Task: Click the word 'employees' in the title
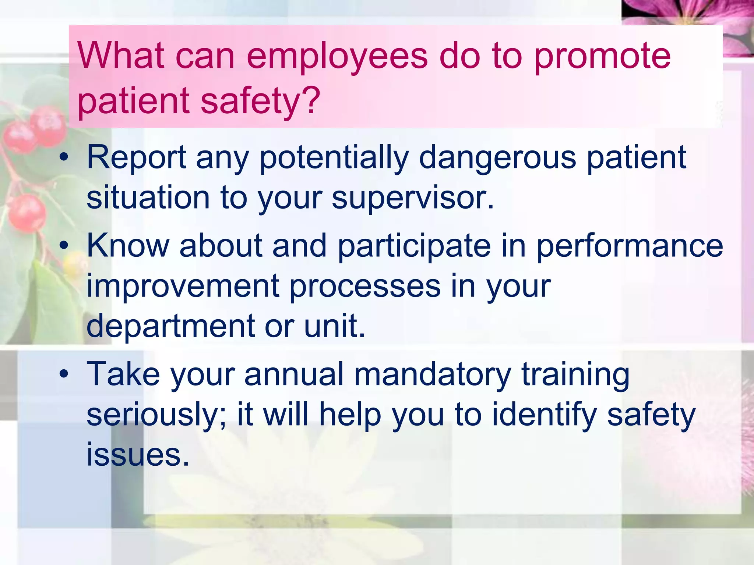click(x=337, y=57)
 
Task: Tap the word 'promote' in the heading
click(x=602, y=57)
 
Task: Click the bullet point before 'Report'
click(x=64, y=157)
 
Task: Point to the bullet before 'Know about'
click(x=64, y=245)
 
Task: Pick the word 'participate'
click(x=414, y=246)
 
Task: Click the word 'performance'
click(x=630, y=246)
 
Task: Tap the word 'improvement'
click(x=182, y=286)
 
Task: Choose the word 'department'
click(x=170, y=326)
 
